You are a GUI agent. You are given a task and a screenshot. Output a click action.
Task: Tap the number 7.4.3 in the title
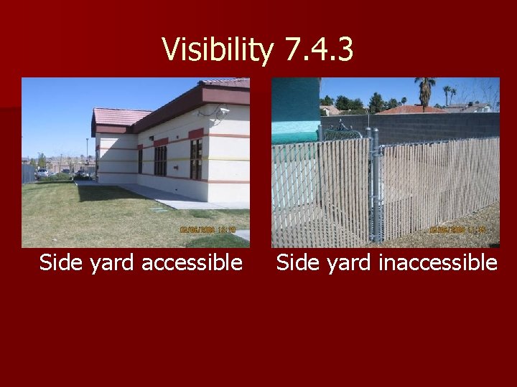pyautogui.click(x=319, y=50)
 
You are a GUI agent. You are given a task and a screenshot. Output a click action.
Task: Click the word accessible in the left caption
pyautogui.click(x=192, y=263)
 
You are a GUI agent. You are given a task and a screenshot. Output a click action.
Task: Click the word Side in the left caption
pyautogui.click(x=62, y=263)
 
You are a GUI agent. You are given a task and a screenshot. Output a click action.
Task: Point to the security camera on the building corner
pyautogui.click(x=224, y=110)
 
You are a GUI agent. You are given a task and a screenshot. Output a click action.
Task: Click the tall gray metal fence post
pyautogui.click(x=374, y=186)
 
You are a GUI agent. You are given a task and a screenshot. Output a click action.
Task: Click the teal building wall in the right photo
pyautogui.click(x=294, y=107)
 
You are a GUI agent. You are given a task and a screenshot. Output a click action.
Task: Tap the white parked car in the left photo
pyautogui.click(x=43, y=172)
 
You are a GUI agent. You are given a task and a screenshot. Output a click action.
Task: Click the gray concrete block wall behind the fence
pyautogui.click(x=438, y=125)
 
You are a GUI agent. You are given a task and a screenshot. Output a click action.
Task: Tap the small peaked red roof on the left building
pyautogui.click(x=118, y=116)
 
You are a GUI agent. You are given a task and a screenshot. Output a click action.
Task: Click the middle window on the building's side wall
pyautogui.click(x=160, y=161)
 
